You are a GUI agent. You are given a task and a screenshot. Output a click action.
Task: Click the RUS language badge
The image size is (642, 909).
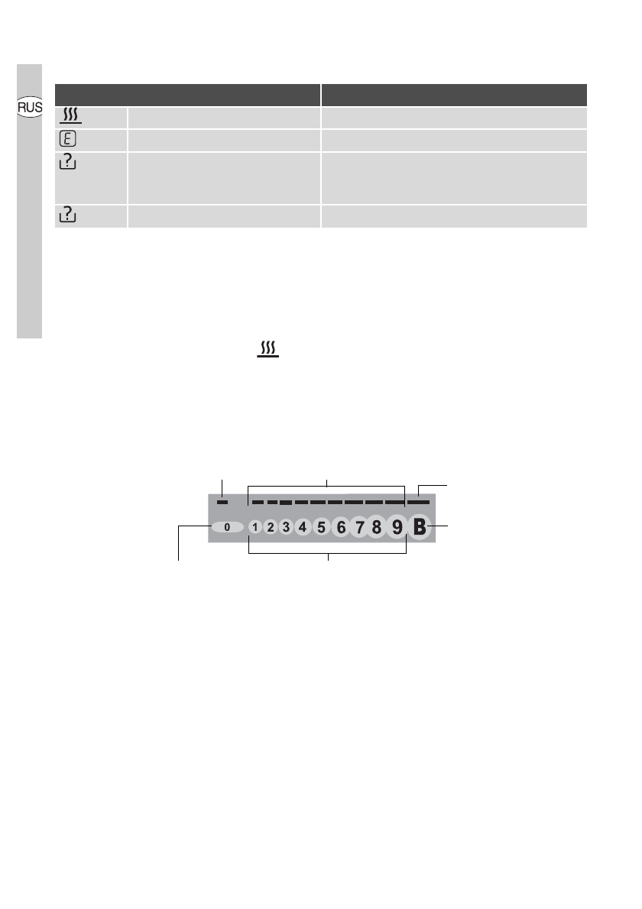(30, 107)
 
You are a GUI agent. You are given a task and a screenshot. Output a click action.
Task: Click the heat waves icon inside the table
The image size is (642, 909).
(70, 115)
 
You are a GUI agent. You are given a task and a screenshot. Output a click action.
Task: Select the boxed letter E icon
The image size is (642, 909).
(68, 139)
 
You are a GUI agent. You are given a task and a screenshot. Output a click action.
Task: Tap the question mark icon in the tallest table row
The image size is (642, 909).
(68, 161)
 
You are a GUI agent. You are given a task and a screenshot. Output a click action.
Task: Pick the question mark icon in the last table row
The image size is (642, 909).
(68, 215)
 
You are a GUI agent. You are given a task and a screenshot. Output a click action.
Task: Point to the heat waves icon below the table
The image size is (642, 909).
(268, 349)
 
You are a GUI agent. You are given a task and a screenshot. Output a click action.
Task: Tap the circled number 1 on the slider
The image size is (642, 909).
(255, 527)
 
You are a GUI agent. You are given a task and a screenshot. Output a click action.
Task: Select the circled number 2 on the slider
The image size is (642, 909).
(271, 527)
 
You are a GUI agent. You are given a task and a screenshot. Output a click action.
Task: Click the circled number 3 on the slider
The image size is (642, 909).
(286, 527)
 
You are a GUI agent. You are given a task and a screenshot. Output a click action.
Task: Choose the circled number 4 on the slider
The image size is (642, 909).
(303, 527)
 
